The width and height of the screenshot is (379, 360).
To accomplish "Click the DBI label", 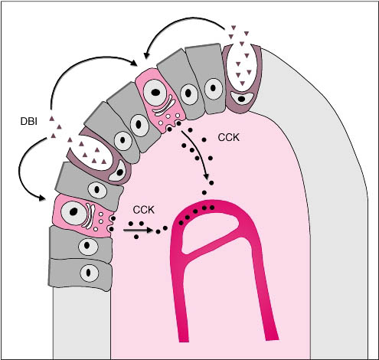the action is click(29, 121).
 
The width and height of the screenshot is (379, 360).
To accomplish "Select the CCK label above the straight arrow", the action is click(144, 210).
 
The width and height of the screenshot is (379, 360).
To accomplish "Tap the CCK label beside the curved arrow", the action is click(229, 138).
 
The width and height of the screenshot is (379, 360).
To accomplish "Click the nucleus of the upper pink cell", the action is click(155, 93).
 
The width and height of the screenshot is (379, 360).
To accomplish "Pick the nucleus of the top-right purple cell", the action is click(241, 98).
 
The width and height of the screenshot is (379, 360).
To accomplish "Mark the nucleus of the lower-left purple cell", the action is click(118, 172).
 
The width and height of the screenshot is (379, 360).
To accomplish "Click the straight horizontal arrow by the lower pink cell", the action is click(138, 231).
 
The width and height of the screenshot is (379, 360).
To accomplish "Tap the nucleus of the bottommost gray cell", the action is click(89, 273).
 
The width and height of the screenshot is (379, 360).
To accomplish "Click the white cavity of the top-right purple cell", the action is click(242, 67).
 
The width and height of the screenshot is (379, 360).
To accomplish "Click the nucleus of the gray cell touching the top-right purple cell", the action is click(214, 88).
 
